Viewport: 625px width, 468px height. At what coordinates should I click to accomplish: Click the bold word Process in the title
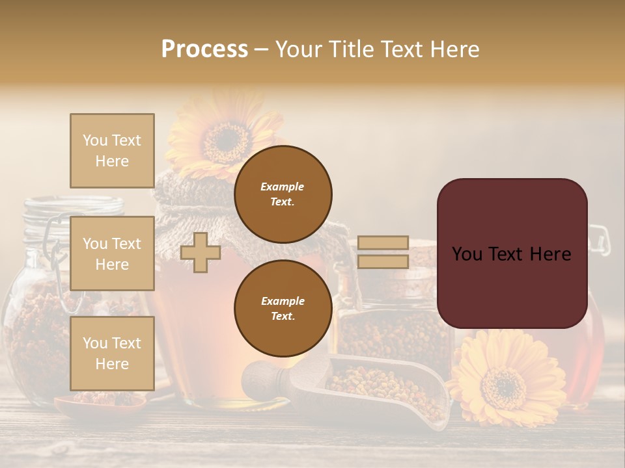click(204, 49)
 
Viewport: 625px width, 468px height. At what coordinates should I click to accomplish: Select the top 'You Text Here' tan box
click(112, 151)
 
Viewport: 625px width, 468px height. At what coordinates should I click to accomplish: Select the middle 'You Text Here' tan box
click(112, 253)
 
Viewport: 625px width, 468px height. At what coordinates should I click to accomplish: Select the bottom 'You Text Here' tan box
click(112, 353)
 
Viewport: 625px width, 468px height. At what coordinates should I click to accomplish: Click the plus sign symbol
click(201, 253)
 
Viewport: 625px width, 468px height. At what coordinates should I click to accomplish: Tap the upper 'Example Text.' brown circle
click(283, 194)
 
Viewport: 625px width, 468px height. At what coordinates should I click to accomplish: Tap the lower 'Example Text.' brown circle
click(283, 309)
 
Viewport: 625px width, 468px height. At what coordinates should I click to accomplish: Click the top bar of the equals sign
click(383, 242)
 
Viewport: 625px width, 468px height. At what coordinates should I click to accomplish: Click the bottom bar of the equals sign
click(383, 261)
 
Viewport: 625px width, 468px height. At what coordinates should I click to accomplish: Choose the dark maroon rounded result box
click(512, 253)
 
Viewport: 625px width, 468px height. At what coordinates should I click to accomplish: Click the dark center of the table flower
click(503, 385)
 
